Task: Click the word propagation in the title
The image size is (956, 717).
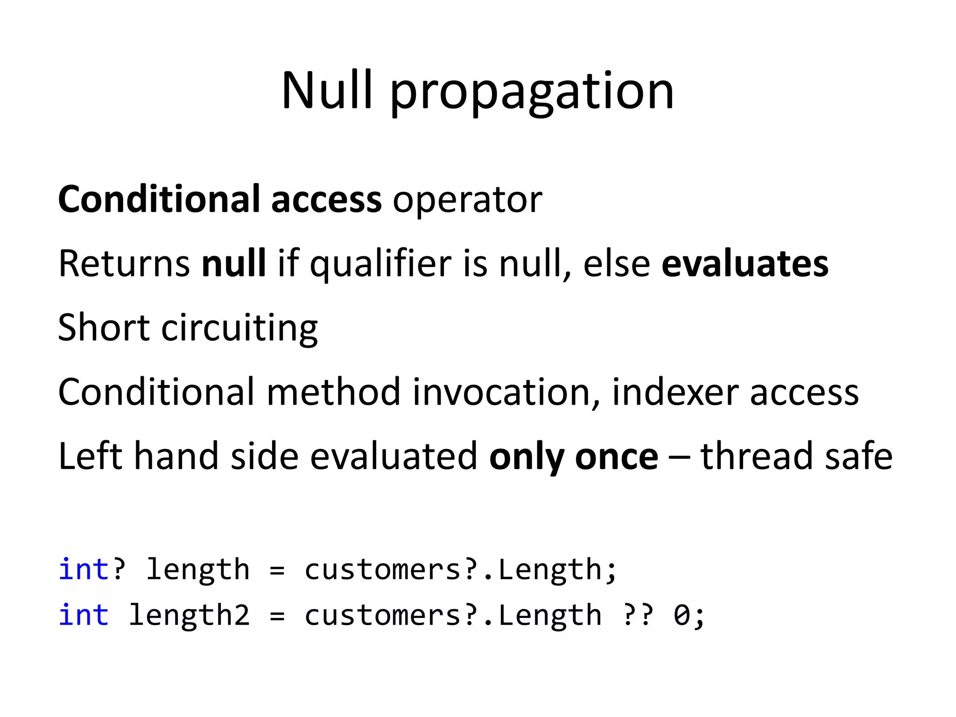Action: pyautogui.click(x=532, y=91)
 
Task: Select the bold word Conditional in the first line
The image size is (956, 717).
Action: pyautogui.click(x=159, y=199)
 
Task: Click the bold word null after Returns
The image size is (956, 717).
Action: pyautogui.click(x=233, y=263)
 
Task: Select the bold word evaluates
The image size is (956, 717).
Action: pyautogui.click(x=745, y=263)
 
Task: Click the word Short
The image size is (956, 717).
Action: pyautogui.click(x=104, y=327)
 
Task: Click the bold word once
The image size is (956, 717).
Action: pyautogui.click(x=617, y=456)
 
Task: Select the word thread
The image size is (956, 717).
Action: pyautogui.click(x=757, y=456)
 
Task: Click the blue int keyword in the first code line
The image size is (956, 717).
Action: pyautogui.click(x=84, y=569)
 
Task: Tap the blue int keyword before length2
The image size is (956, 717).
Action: pyautogui.click(x=84, y=614)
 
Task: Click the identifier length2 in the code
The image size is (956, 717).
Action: pyautogui.click(x=189, y=615)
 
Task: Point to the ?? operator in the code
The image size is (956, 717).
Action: pyautogui.click(x=638, y=614)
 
